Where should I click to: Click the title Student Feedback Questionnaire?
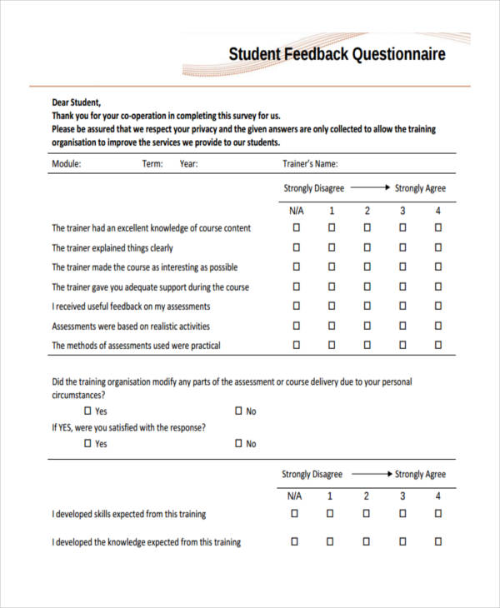pos(337,55)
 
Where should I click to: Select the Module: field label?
pos(67,164)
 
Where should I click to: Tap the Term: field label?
pos(152,164)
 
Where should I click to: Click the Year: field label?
pos(189,164)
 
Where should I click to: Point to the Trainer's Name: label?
pos(311,164)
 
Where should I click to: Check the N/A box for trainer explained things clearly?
pos(295,247)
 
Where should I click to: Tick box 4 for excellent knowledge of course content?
pos(437,227)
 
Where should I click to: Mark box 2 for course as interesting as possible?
pos(367,267)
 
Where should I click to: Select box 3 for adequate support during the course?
pos(402,287)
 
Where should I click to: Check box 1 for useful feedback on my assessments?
pos(331,306)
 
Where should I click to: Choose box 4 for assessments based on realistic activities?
pos(437,326)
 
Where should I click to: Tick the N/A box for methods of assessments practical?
pos(295,345)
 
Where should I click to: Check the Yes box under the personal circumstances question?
pos(88,411)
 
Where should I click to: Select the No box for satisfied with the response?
pos(238,444)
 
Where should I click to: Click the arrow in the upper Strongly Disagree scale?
pos(369,188)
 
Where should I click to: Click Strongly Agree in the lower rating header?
pos(420,474)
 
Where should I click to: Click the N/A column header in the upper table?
pos(295,210)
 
